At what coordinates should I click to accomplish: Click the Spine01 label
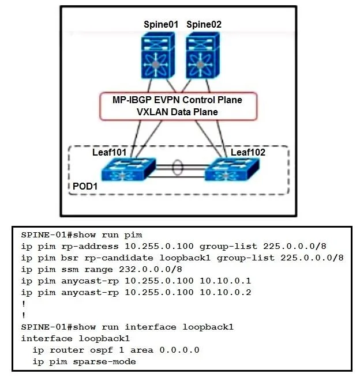tap(161, 24)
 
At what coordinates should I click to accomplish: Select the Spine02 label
tap(204, 24)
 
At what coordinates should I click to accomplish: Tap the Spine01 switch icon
tap(158, 55)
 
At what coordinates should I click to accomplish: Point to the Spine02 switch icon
tap(202, 55)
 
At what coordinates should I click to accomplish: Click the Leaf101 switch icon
tap(129, 169)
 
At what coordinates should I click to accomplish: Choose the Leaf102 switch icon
tap(232, 169)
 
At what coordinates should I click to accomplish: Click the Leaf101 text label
tap(109, 152)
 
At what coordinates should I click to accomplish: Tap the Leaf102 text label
tap(248, 152)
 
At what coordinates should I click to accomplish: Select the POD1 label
tap(85, 186)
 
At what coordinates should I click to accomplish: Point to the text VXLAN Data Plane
tap(177, 112)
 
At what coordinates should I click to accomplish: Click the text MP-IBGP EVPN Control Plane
tap(177, 100)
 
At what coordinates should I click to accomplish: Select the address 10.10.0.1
tap(226, 281)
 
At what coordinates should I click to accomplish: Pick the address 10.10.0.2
tap(226, 292)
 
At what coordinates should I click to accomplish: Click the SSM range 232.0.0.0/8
tap(151, 269)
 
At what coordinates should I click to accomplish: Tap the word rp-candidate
tap(119, 258)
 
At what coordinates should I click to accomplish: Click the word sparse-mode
tap(104, 362)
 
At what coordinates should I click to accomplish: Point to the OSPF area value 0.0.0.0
tap(179, 350)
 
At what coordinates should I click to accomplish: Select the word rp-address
tap(90, 247)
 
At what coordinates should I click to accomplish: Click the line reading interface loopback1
tap(76, 338)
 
